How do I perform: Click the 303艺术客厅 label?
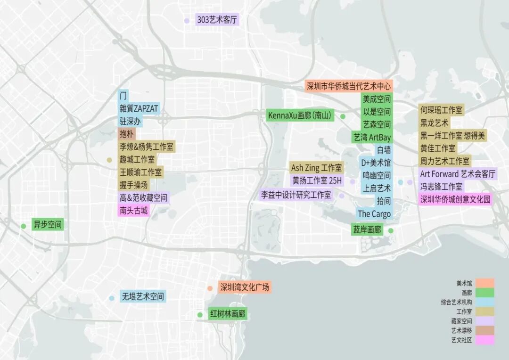pos(217,20)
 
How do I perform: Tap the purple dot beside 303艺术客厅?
pos(187,21)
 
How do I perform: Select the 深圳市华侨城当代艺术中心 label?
pos(349,86)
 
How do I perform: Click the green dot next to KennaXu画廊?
pos(343,116)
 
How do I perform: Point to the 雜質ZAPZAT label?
pos(139,108)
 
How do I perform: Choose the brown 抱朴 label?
pos(127,134)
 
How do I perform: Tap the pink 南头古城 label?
pos(134,210)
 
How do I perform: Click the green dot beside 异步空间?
pos(24,226)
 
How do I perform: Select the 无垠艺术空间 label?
pos(143,297)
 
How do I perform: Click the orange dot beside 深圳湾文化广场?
pos(210,288)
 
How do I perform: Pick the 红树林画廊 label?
pos(228,314)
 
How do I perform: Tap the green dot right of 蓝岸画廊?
pos(391,230)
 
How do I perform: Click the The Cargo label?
pos(374,214)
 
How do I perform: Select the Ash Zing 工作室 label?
pos(317,168)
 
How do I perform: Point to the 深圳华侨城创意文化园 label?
pos(455,199)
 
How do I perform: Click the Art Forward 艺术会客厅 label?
pos(458,174)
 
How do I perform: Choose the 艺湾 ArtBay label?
pos(372,137)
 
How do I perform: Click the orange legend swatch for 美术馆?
pos(484,283)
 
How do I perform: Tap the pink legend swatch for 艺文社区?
pos(484,340)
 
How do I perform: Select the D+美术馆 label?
pos(376,163)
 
